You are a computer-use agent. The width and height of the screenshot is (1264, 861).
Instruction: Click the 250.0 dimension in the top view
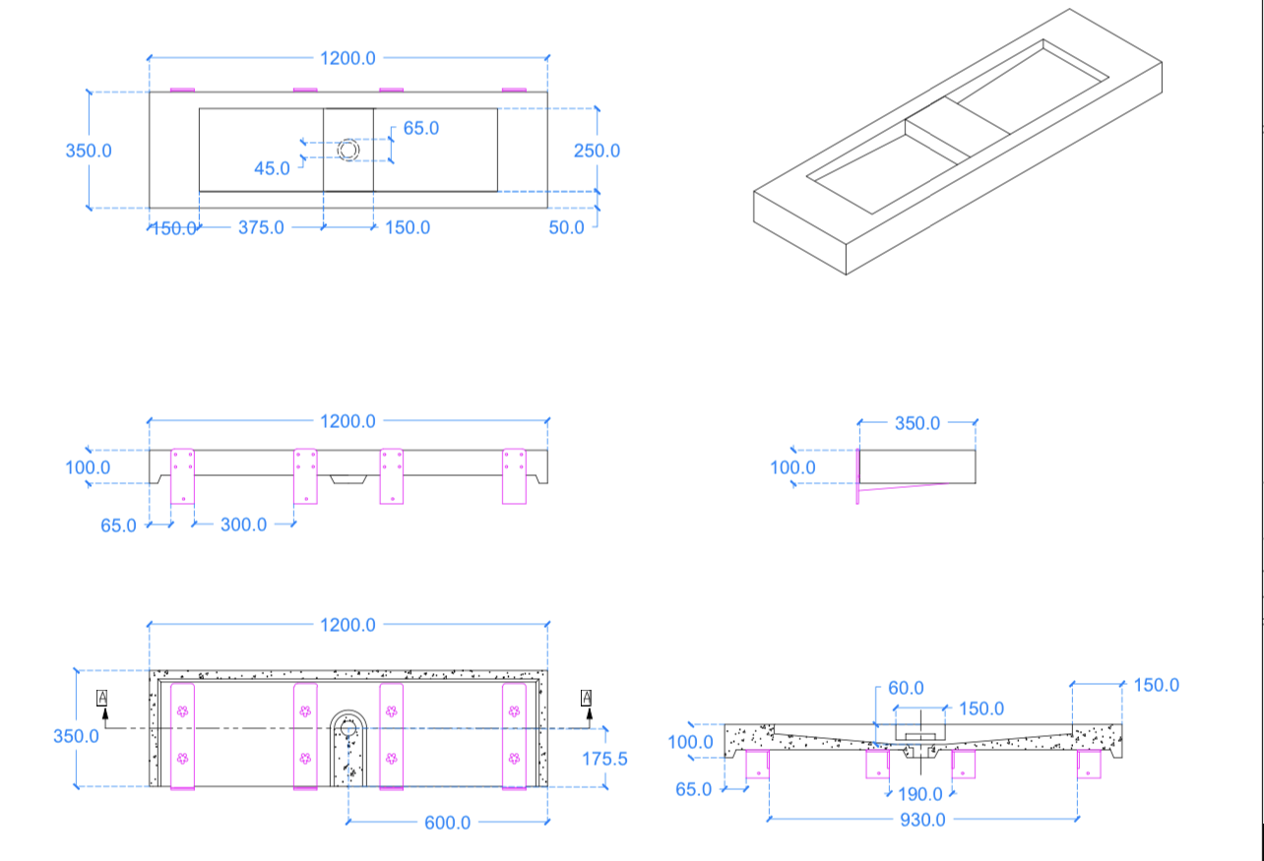pyautogui.click(x=597, y=151)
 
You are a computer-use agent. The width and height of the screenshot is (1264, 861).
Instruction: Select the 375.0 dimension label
pyautogui.click(x=261, y=227)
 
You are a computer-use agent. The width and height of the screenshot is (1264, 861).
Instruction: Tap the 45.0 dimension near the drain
pyautogui.click(x=272, y=168)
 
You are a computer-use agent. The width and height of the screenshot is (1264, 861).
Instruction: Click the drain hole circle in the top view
pyautogui.click(x=348, y=150)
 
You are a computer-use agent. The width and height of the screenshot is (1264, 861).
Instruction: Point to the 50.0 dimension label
pyautogui.click(x=567, y=227)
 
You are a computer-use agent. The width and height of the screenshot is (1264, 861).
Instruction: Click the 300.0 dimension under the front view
pyautogui.click(x=243, y=524)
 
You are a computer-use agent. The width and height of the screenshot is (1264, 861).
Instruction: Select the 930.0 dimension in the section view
pyautogui.click(x=922, y=819)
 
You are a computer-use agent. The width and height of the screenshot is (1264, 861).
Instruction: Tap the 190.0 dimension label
pyautogui.click(x=920, y=794)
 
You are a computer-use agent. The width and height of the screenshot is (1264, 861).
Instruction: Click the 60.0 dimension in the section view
pyautogui.click(x=906, y=688)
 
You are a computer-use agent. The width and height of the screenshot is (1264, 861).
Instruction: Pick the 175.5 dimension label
pyautogui.click(x=604, y=759)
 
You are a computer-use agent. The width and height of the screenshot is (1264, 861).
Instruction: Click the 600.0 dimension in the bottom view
pyautogui.click(x=448, y=822)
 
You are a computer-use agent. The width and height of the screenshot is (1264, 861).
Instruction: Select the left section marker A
pyautogui.click(x=102, y=698)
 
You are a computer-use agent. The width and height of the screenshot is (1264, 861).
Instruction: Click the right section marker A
pyautogui.click(x=588, y=698)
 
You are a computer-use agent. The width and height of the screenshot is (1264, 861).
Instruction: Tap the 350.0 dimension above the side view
pyautogui.click(x=917, y=423)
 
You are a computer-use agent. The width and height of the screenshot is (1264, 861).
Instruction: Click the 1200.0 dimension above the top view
pyautogui.click(x=348, y=58)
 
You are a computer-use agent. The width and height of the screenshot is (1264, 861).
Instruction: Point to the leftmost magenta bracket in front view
pyautogui.click(x=183, y=476)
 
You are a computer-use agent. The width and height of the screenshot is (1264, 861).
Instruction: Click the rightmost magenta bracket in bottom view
pyautogui.click(x=514, y=735)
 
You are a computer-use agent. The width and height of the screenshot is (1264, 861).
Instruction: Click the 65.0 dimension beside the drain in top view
pyautogui.click(x=420, y=128)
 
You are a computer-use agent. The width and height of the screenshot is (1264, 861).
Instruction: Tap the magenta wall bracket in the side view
pyautogui.click(x=859, y=477)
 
